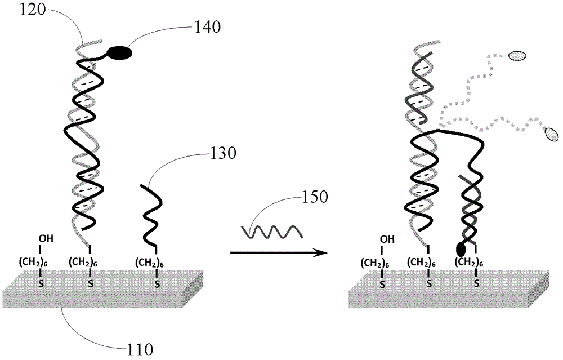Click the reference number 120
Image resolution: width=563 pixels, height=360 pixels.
pos(33,10)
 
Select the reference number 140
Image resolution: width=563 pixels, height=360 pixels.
pos(208,27)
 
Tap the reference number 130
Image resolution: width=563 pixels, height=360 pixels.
pos(223,153)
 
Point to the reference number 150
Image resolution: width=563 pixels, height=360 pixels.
pos(315,197)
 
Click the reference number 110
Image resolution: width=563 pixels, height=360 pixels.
pos(140,349)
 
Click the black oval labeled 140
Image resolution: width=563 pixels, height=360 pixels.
pos(120,53)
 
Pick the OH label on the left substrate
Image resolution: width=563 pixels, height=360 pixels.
pos(47,238)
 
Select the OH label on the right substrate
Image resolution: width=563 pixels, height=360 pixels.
pos(387,239)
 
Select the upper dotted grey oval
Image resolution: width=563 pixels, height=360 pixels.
pos(517,55)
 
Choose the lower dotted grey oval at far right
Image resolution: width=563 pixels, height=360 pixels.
pos(552,134)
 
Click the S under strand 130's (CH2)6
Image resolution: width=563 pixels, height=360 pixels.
pos(157,284)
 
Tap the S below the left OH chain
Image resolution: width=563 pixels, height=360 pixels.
pos(41,284)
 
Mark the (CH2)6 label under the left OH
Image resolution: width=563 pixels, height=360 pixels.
pos(33,263)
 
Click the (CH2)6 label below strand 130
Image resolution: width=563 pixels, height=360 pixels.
pos(150,263)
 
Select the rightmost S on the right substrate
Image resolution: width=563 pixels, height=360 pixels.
pos(476,283)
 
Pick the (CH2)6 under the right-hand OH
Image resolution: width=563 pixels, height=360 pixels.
pos(375,263)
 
